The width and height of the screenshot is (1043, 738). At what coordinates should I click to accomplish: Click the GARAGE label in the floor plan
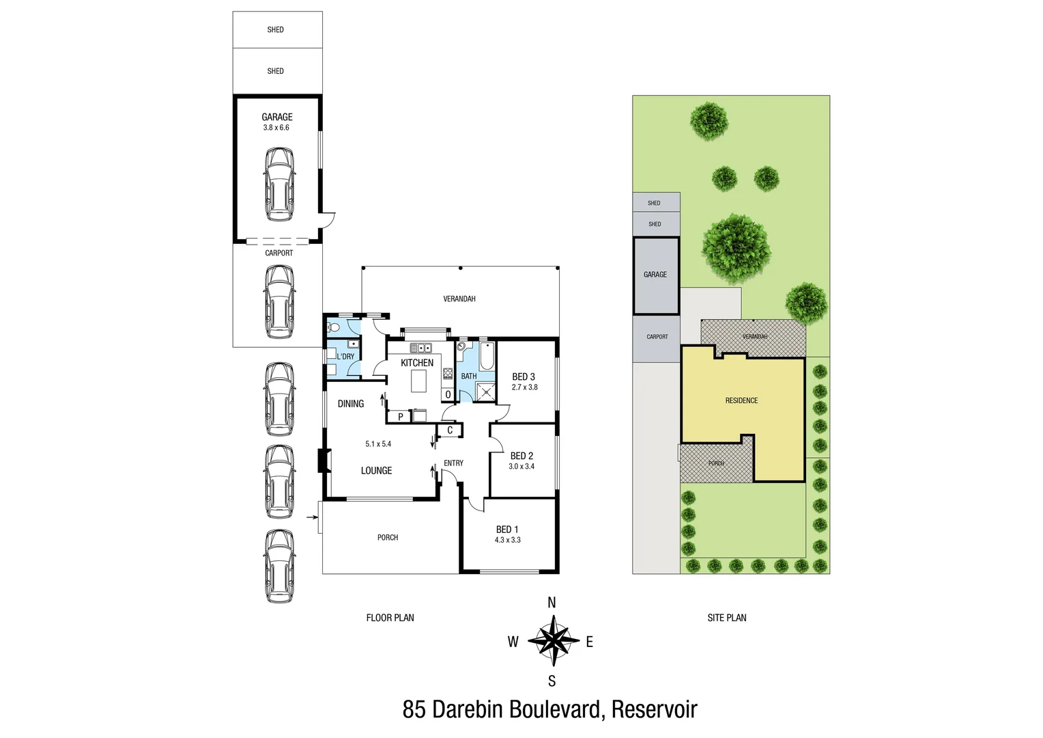(276, 117)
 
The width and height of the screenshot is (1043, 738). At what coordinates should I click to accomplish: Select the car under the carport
(279, 302)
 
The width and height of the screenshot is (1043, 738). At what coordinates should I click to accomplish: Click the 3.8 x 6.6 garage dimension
(276, 128)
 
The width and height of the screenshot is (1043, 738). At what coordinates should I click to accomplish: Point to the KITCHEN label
(417, 363)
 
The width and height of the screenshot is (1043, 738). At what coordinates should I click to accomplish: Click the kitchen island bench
(419, 381)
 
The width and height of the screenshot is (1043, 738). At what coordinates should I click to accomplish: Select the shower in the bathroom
(486, 392)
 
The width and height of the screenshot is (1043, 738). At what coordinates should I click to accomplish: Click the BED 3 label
(524, 377)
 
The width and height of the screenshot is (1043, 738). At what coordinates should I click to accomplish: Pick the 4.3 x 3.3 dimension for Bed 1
(507, 540)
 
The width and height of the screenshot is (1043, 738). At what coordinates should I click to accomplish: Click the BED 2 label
(521, 456)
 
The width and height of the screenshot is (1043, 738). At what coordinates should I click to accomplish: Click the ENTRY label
(453, 463)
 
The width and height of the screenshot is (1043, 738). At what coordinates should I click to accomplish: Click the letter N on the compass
(552, 603)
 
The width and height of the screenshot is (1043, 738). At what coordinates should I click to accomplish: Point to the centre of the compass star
(553, 641)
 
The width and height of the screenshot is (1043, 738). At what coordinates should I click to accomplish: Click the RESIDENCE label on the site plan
(741, 400)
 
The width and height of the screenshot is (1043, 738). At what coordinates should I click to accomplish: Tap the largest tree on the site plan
(737, 248)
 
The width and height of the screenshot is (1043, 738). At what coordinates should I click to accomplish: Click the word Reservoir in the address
(654, 709)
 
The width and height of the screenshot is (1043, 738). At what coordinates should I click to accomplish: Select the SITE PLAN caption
(726, 618)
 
